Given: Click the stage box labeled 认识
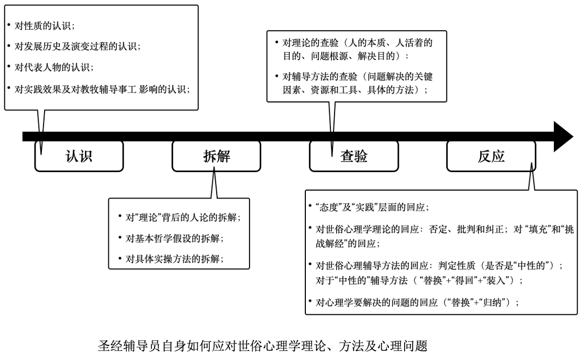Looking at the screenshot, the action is pyautogui.click(x=79, y=156).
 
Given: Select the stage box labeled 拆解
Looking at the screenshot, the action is pyautogui.click(x=217, y=156).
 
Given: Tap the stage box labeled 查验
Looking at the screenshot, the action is pyautogui.click(x=354, y=156).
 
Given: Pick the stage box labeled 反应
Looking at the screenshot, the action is pyautogui.click(x=491, y=156).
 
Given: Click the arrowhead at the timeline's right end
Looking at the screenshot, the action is pyautogui.click(x=563, y=136).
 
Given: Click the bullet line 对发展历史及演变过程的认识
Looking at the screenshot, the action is pyautogui.click(x=77, y=46).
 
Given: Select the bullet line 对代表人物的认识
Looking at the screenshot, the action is pyautogui.click(x=54, y=67).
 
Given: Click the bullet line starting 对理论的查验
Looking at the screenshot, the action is pyautogui.click(x=357, y=49).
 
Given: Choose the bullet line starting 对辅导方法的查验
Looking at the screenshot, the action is pyautogui.click(x=357, y=83).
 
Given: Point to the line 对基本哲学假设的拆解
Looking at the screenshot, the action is pyautogui.click(x=175, y=238).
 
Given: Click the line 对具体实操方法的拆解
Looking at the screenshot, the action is pyautogui.click(x=175, y=259).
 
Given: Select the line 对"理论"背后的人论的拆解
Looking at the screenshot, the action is pyautogui.click(x=183, y=218).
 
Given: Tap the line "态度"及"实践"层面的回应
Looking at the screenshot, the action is pyautogui.click(x=372, y=207).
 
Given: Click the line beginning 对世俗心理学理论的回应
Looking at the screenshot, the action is pyautogui.click(x=444, y=236).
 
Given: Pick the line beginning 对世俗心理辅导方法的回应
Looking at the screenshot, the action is pyautogui.click(x=439, y=273).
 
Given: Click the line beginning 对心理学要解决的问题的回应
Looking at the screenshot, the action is pyautogui.click(x=417, y=303).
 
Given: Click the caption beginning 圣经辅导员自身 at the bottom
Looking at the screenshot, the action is pyautogui.click(x=263, y=346).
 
